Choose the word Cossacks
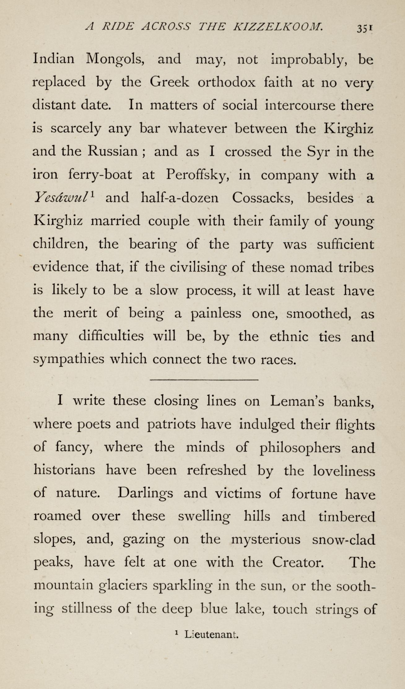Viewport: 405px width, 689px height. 263,198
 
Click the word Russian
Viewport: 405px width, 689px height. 112,151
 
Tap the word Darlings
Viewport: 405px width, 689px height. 145,494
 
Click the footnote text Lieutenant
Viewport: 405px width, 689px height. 211,635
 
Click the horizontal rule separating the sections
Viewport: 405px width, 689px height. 204,380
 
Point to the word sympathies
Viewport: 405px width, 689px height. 68,360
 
